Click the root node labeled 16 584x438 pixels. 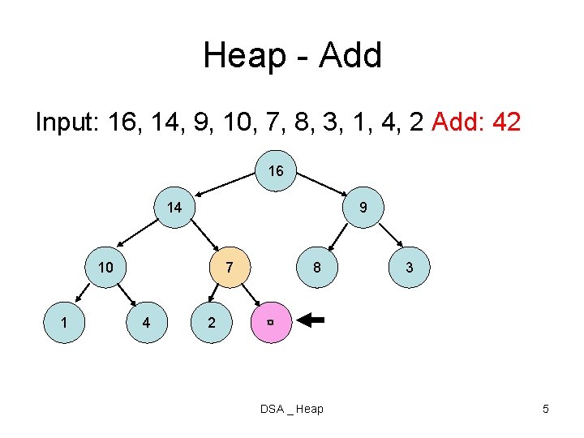276,171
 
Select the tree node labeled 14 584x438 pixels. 174,208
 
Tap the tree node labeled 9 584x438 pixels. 363,208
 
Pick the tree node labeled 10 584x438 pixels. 106,268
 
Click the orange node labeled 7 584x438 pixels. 230,268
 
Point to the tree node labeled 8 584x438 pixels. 318,268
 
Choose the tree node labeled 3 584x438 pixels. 410,268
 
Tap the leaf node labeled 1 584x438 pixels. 63,322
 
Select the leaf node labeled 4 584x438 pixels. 145,322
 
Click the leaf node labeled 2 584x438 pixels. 212,322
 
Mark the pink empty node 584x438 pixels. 269,322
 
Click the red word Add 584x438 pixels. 458,122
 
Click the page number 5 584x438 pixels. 546,409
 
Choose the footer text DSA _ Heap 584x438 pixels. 291,409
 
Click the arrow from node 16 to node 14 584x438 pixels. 228,182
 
